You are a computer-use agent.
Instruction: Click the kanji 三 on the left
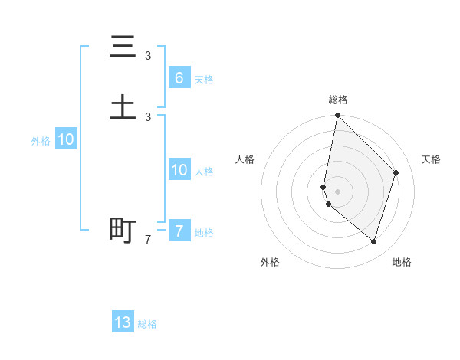click(x=123, y=47)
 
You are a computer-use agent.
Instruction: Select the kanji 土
click(x=123, y=106)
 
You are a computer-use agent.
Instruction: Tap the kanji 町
click(x=123, y=229)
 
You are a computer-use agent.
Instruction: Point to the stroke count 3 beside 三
click(x=148, y=56)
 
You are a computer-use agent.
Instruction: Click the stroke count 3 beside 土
click(x=148, y=116)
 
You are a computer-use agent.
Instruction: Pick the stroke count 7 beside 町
click(x=148, y=240)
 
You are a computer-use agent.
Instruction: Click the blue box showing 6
click(x=179, y=78)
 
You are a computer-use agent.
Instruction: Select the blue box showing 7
click(x=179, y=231)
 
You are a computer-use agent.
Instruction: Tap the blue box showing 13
click(x=123, y=322)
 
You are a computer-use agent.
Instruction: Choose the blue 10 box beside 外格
click(x=66, y=139)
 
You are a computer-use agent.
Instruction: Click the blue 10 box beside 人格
click(x=179, y=170)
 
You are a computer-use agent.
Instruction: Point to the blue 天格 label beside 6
click(x=204, y=80)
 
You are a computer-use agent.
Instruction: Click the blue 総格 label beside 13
click(x=147, y=324)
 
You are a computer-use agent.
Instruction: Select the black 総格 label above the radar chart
click(x=338, y=100)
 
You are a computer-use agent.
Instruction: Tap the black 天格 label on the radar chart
click(x=431, y=159)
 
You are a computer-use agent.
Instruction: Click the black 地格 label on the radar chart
click(x=402, y=262)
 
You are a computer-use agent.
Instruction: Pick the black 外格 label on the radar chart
click(x=270, y=262)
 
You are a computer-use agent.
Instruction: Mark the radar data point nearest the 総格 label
click(x=337, y=116)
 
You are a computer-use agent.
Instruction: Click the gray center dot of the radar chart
click(x=338, y=191)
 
